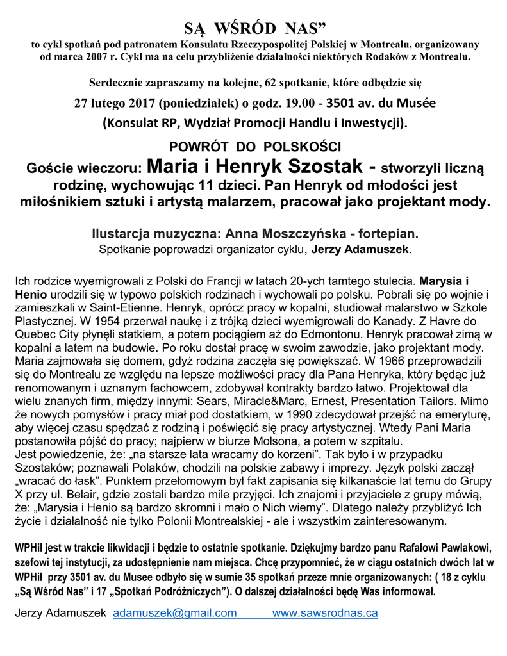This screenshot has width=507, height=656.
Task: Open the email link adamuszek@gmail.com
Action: [x=175, y=613]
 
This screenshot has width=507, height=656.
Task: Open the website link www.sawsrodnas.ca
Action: [x=325, y=613]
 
